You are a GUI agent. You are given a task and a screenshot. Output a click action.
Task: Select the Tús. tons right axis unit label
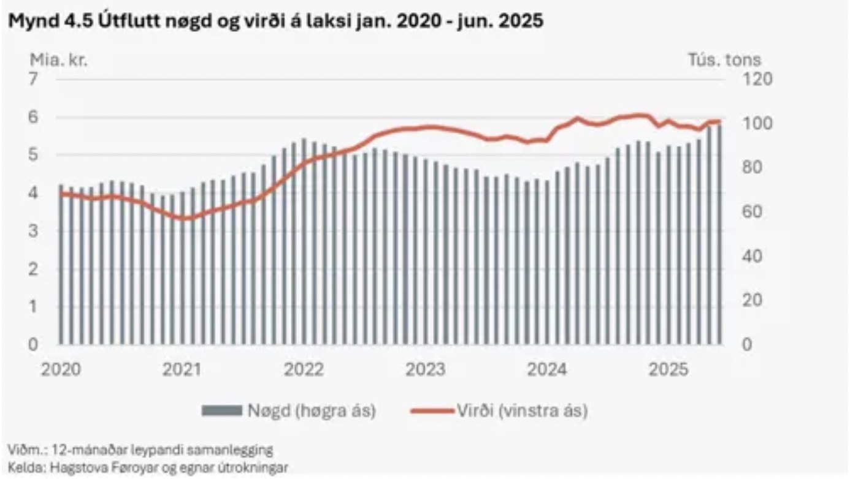click(722, 59)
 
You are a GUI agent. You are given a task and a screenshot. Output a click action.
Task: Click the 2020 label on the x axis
click(61, 370)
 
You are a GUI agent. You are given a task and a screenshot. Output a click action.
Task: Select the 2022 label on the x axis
click(305, 370)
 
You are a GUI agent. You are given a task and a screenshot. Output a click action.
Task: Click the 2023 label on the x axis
click(427, 370)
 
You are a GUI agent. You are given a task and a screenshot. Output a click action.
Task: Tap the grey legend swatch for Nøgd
click(222, 410)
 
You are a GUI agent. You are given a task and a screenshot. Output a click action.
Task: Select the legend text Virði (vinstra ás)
click(522, 410)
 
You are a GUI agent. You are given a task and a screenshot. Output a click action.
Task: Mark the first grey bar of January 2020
click(61, 264)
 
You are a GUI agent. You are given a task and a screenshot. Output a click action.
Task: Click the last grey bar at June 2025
click(719, 233)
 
